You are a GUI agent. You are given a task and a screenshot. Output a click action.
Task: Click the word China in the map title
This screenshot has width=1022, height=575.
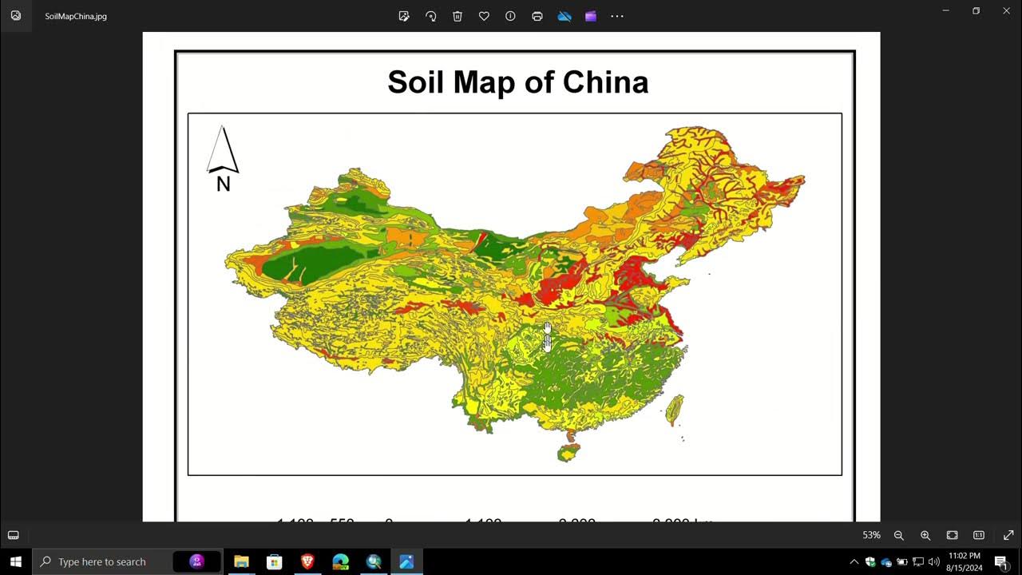[605, 82]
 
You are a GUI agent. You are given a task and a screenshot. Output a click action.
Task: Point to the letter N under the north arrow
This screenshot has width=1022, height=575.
[224, 184]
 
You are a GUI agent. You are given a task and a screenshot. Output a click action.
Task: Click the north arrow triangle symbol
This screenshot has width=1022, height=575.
[223, 149]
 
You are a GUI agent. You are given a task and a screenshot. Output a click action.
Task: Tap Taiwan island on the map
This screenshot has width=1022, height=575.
[675, 408]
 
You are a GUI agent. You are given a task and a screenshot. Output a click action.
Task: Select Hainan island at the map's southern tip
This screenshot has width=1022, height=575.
[568, 453]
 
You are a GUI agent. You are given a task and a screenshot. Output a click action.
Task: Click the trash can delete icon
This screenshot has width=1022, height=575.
[458, 16]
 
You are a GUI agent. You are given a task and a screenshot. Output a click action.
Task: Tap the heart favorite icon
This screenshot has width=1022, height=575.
[484, 16]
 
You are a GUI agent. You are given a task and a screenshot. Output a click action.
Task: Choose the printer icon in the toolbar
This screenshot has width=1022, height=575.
[537, 16]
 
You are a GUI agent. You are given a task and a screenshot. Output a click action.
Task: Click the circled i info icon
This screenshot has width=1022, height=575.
[510, 16]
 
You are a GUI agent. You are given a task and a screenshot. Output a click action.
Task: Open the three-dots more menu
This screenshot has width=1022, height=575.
[617, 16]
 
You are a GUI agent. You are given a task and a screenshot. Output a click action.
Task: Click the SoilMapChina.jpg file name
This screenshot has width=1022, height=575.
[76, 16]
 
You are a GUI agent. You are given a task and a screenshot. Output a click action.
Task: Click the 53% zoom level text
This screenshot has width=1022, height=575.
[871, 535]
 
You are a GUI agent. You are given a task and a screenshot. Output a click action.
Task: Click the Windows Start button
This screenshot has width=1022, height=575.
[15, 561]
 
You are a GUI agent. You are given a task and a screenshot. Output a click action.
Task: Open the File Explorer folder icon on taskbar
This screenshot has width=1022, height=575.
[241, 561]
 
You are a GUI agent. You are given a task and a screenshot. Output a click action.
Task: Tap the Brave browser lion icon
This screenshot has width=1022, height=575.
[307, 561]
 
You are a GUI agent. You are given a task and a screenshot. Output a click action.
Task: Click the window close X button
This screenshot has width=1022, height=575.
[1006, 11]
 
